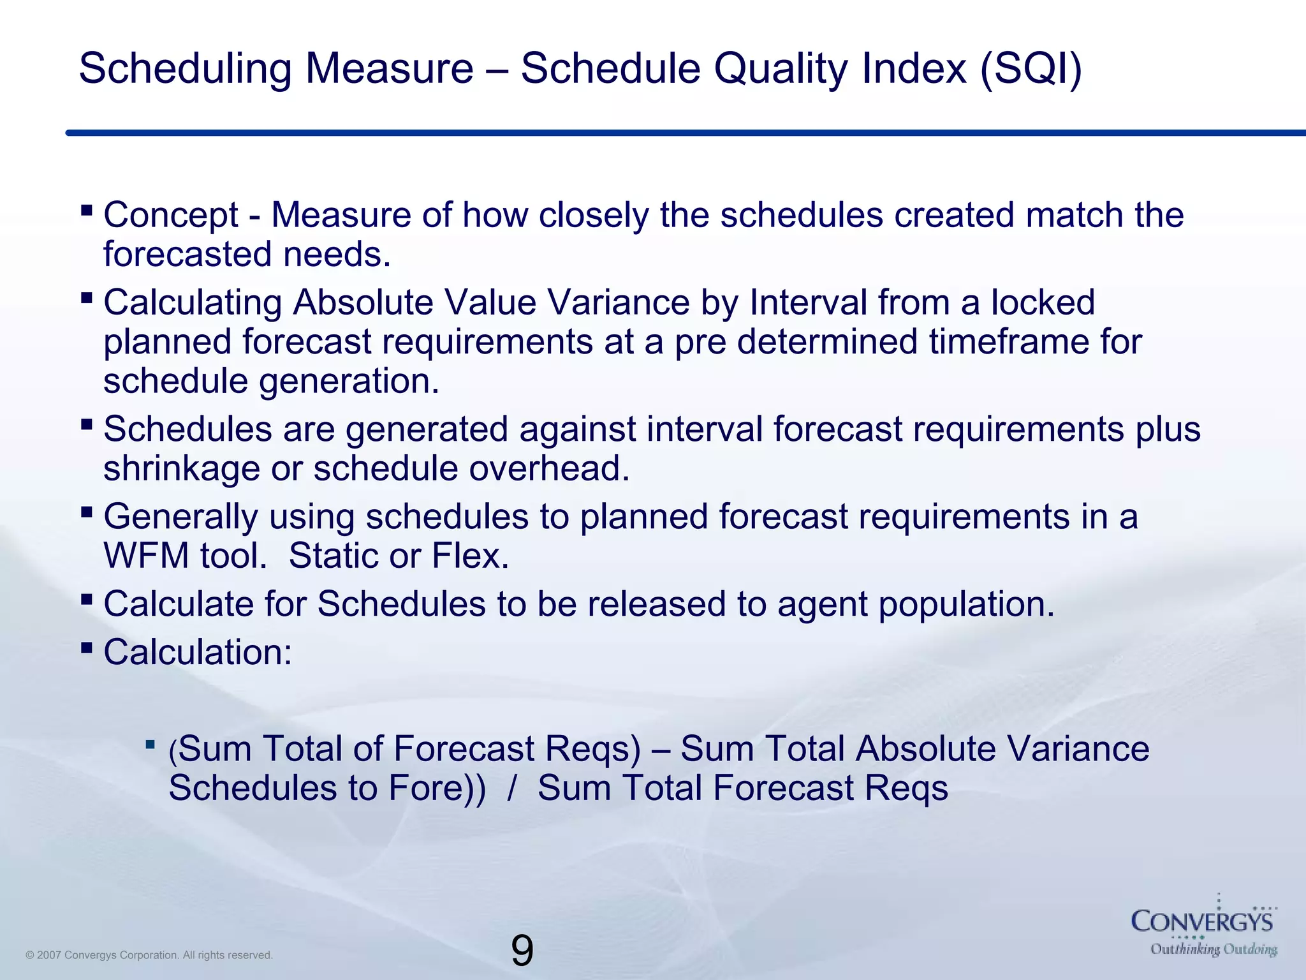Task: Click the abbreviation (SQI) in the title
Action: pos(1031,68)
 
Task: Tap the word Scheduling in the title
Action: pos(185,68)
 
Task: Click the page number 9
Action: pos(522,951)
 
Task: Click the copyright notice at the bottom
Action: pos(149,955)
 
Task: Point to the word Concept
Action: pos(171,215)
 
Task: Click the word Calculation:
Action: pos(198,653)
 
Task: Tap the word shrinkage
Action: pos(182,469)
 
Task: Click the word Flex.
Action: pos(471,556)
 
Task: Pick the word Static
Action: pos(334,556)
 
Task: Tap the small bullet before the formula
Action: pos(150,744)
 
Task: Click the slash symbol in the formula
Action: pos(511,788)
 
